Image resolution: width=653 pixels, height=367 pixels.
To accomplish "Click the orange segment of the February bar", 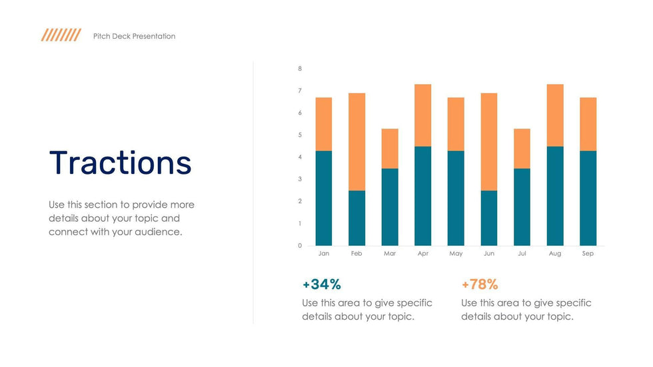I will click(356, 142).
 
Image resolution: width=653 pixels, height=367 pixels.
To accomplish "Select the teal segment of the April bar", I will click(422, 196).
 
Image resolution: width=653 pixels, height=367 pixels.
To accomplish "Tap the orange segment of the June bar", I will click(488, 142).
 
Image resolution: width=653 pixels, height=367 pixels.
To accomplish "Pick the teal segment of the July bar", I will click(522, 207).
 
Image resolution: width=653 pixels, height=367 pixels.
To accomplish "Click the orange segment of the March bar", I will click(390, 149).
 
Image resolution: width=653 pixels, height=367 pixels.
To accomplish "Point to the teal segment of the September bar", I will click(588, 198).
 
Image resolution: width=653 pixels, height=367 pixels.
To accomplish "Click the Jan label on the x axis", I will click(324, 254).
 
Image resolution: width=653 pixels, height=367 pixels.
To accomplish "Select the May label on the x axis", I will click(456, 254).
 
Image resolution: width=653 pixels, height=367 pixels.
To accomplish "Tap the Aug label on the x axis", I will click(555, 254).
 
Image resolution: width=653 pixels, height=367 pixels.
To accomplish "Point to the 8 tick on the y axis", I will click(300, 69).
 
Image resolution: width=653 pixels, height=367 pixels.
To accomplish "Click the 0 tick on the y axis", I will click(300, 246).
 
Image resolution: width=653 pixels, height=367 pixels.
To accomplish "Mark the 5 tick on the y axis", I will click(300, 135).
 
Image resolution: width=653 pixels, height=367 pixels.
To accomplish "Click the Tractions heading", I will click(120, 163).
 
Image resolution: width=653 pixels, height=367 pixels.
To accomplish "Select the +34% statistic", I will click(321, 284).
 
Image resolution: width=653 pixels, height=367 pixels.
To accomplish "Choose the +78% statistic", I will click(480, 284).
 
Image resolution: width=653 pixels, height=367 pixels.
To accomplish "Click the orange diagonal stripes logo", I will click(61, 35).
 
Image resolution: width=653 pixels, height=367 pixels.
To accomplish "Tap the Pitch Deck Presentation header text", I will click(135, 36).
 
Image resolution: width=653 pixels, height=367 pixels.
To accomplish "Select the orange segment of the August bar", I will click(555, 115).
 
